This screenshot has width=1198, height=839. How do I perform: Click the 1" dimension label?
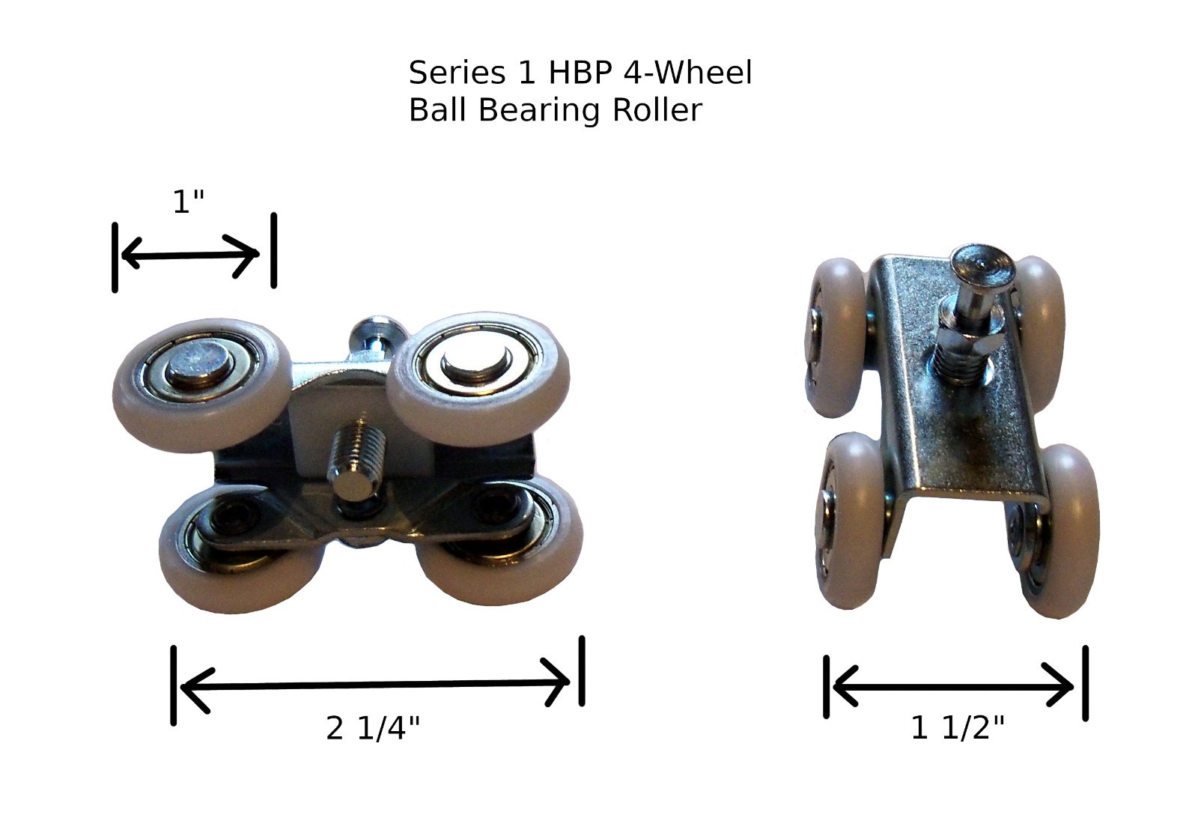189,202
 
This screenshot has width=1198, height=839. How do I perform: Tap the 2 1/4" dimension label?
373,729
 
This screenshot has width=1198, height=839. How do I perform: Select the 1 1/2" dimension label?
958,728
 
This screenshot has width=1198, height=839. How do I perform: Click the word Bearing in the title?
538,112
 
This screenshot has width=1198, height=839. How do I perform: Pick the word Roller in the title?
657,110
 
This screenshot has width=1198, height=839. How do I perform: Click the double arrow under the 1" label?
190,255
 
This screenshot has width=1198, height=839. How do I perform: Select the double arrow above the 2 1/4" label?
375,685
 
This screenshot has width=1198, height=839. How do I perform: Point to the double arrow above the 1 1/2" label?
953,686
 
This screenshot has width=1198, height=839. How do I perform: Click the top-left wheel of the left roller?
202,385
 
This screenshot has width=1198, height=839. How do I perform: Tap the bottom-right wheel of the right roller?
1059,531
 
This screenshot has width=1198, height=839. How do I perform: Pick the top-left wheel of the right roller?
836,337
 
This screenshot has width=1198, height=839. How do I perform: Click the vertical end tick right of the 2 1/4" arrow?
582,671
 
